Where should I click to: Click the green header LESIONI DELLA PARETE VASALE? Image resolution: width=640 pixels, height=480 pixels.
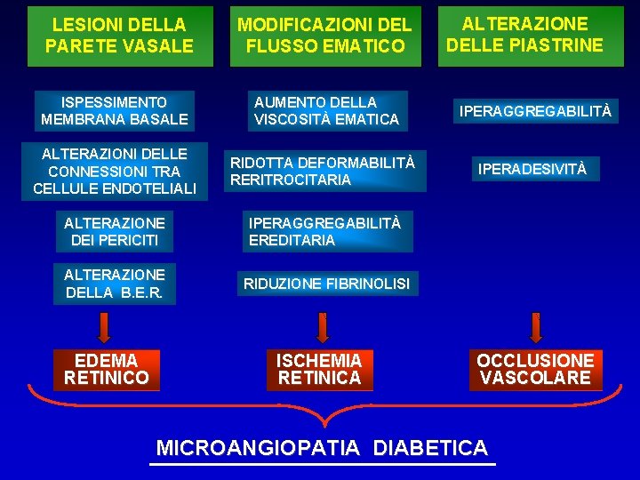click(119, 36)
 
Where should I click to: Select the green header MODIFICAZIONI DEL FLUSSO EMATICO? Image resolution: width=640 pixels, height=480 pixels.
click(324, 36)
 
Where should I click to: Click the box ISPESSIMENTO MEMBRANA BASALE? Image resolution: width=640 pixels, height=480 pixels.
click(114, 110)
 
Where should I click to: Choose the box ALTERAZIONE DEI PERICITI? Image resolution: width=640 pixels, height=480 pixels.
click(114, 231)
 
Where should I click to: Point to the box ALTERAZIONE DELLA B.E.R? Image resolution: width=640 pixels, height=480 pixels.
click(114, 284)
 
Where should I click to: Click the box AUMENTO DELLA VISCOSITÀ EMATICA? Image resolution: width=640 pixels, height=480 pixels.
click(326, 110)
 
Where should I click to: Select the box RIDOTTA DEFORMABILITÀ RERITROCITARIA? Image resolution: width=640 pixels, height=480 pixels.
click(324, 171)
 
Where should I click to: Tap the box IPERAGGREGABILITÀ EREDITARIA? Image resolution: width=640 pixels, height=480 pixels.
click(324, 231)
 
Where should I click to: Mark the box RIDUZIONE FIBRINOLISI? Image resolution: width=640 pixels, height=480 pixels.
click(326, 284)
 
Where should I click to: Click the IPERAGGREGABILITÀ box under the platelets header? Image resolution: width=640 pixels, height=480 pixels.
click(535, 111)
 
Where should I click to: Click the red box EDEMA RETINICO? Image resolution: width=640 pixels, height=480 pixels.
click(107, 369)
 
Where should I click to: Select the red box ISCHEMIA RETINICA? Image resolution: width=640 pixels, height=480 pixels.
click(320, 369)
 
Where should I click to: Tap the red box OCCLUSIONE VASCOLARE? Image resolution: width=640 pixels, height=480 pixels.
click(535, 369)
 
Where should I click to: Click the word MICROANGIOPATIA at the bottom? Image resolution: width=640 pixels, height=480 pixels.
click(259, 447)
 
